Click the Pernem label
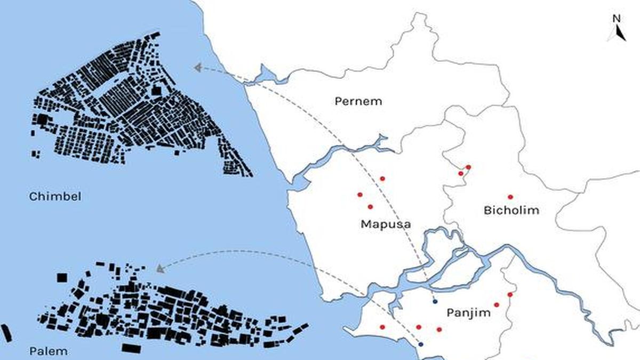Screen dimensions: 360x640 (x=358, y=101)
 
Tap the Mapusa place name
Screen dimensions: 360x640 (x=386, y=224)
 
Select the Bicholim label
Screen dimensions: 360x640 (x=511, y=210)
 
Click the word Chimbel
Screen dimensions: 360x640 (x=55, y=197)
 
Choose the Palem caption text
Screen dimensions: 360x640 (x=49, y=351)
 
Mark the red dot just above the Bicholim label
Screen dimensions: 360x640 (x=510, y=197)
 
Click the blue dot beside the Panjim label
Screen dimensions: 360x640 (x=435, y=301)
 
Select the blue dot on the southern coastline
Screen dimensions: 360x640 (x=420, y=345)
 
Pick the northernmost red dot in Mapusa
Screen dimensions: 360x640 (x=382, y=178)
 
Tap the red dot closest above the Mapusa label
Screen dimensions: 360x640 (x=370, y=206)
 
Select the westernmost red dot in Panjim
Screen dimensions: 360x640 (x=382, y=327)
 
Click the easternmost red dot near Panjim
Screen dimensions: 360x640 (x=510, y=294)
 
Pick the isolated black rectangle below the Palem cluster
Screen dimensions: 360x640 (x=131, y=348)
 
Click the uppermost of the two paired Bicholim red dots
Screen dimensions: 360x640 (x=468, y=167)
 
